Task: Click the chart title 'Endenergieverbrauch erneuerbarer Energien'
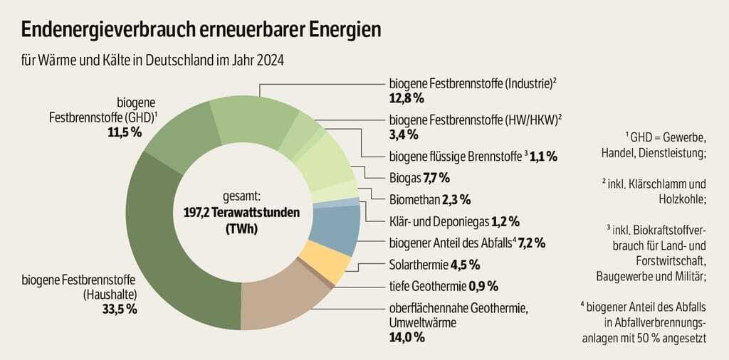(x=201, y=30)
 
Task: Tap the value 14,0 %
(x=407, y=337)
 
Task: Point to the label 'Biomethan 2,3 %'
(x=429, y=198)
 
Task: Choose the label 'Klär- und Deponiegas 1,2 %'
(x=454, y=221)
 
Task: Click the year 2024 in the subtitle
(x=271, y=60)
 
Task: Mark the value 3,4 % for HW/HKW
(x=403, y=134)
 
